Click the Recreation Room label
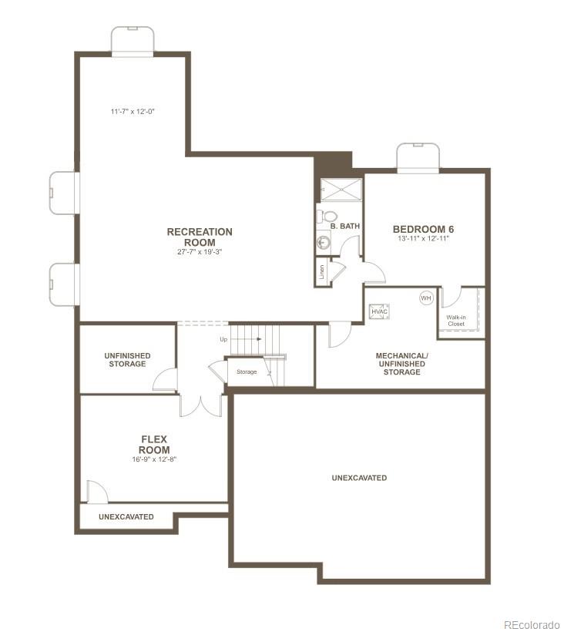[x=200, y=237]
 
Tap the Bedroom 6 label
[x=423, y=229]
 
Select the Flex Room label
[x=154, y=445]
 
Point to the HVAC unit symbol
[x=379, y=311]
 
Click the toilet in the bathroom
[x=329, y=217]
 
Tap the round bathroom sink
[x=323, y=243]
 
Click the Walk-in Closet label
[x=456, y=320]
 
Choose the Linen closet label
[x=320, y=272]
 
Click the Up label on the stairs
[x=223, y=339]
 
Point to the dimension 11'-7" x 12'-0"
[x=133, y=112]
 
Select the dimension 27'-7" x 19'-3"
[x=200, y=252]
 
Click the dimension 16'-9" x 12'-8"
[x=154, y=459]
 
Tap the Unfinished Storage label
[x=127, y=359]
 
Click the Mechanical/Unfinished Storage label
[x=401, y=364]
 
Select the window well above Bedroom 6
[x=418, y=157]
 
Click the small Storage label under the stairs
[x=247, y=372]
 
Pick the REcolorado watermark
[x=532, y=624]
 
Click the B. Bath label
[x=345, y=227]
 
